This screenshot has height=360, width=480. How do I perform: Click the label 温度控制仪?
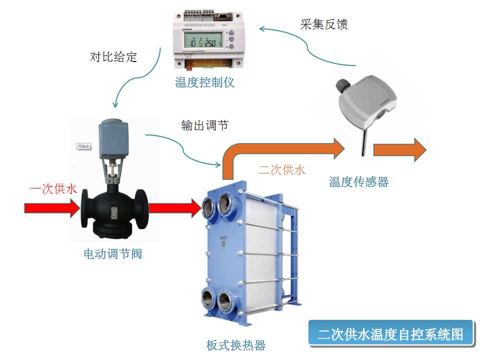point(204,82)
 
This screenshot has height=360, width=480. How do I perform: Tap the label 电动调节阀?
point(113,254)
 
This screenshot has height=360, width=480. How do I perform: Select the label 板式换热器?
point(235,345)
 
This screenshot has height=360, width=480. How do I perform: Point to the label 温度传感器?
point(358,181)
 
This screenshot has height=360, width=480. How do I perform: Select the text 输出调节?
point(204,125)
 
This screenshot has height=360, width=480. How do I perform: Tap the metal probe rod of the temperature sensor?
point(362,140)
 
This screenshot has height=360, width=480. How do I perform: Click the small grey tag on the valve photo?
point(83,146)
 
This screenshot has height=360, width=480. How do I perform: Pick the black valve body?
point(112,212)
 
